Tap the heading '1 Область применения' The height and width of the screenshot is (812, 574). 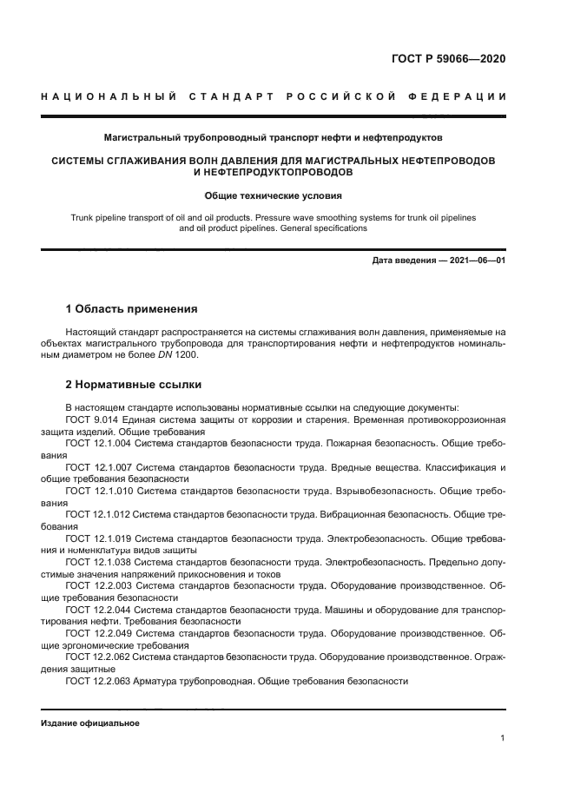coord(131,308)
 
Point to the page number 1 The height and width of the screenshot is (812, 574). coord(503,738)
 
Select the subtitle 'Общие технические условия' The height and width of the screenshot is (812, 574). coord(274,195)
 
